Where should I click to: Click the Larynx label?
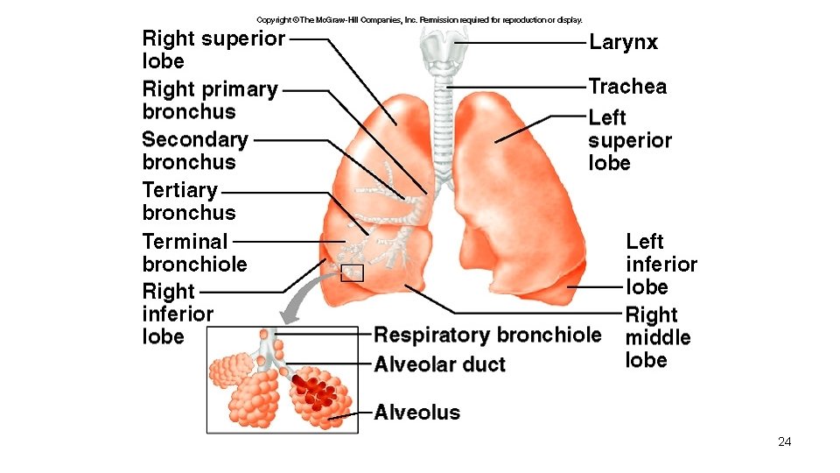point(623,42)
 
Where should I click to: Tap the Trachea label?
point(627,87)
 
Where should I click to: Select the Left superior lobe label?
point(629,140)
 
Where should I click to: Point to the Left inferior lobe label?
point(661,264)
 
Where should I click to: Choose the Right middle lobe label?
point(657,337)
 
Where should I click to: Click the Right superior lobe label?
point(213,50)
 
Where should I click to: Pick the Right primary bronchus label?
point(209,100)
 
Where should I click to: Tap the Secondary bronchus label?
point(194,151)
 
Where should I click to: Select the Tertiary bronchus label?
point(188,201)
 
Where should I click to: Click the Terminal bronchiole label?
point(194,252)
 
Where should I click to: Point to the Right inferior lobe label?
point(178,313)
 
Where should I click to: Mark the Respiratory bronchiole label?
point(487,335)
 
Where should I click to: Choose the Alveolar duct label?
point(439,364)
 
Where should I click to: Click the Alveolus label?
point(416,412)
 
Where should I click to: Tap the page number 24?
point(784,441)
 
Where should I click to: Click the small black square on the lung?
point(352,272)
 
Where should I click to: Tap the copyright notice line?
point(419,19)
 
